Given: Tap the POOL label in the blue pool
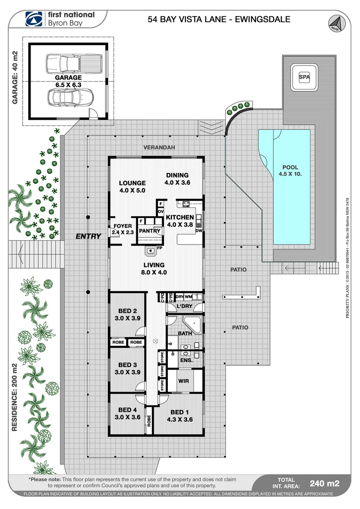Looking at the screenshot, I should pyautogui.click(x=290, y=167).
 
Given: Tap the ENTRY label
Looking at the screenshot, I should pyautogui.click(x=89, y=236).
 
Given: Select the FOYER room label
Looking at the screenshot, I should pyautogui.click(x=122, y=226).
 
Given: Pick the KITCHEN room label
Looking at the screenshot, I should pyautogui.click(x=180, y=217).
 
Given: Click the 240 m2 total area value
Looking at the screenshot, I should pyautogui.click(x=324, y=483).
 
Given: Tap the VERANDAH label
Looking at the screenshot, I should pyautogui.click(x=159, y=148).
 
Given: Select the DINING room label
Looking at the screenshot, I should pyautogui.click(x=177, y=175).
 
